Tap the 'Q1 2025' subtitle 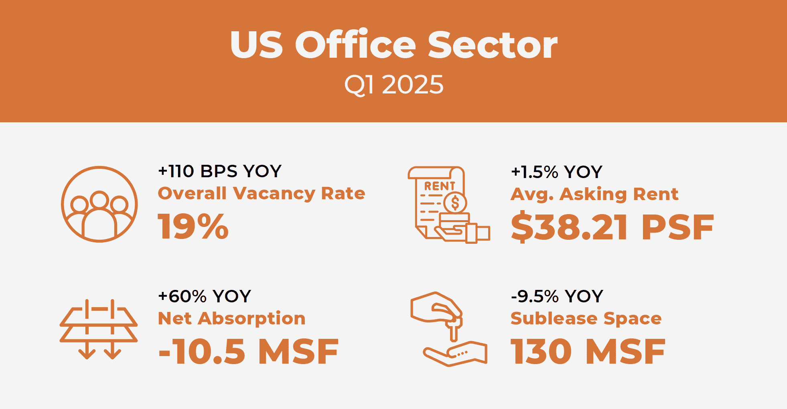394,85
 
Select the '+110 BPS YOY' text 220,171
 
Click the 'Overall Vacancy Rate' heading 262,193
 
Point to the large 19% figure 193,226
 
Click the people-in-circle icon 99,204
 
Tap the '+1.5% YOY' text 557,172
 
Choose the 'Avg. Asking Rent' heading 594,194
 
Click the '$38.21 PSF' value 612,227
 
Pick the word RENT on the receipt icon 440,186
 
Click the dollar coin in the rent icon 455,202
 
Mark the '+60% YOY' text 205,296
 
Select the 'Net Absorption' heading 232,318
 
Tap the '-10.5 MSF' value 249,351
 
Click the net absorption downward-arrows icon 99,329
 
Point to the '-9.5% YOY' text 557,296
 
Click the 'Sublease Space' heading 586,318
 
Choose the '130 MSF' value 588,351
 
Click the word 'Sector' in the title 493,45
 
